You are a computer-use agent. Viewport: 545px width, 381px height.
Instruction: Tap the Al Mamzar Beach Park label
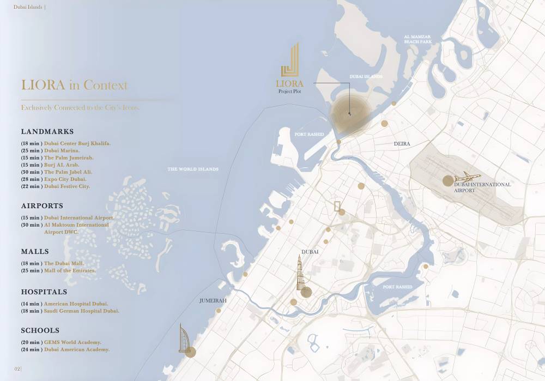[x=417, y=39]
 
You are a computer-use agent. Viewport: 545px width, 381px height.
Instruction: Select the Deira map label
[x=402, y=144]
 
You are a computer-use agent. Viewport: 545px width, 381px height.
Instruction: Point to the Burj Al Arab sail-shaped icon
[x=184, y=338]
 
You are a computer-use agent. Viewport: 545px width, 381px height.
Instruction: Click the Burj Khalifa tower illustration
[x=300, y=274]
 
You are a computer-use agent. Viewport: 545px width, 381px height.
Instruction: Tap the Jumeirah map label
[x=213, y=300]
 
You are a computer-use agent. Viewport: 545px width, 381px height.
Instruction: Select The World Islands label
[x=193, y=169]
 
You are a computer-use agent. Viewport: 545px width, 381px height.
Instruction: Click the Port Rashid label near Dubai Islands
[x=309, y=134]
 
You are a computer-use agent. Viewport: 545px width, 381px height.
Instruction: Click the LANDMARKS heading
[x=47, y=132]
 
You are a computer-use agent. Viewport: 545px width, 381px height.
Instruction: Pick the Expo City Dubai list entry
[x=65, y=179]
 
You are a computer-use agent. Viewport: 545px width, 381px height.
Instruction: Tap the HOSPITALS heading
[x=44, y=292]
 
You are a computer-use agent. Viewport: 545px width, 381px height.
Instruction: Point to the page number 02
[x=17, y=369]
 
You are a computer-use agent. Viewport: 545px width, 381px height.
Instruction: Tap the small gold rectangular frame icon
[x=337, y=205]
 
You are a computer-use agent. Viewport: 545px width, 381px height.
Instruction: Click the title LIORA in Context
[x=74, y=85]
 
